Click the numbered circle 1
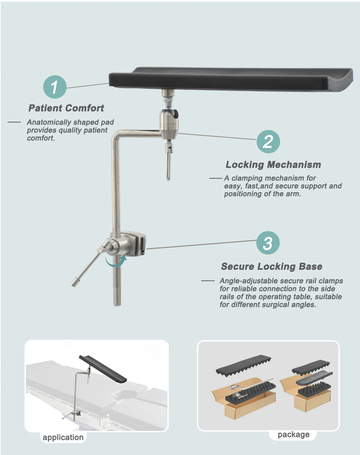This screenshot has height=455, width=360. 55,87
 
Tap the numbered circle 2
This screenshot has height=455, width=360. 268,141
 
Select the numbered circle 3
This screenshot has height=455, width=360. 268,243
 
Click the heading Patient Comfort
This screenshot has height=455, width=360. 66,108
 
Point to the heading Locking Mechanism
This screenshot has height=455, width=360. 273,165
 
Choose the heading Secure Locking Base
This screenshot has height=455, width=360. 271,266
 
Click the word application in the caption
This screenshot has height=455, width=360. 63,437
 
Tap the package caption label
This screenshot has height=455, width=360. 293,434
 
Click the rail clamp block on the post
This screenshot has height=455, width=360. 134,243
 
